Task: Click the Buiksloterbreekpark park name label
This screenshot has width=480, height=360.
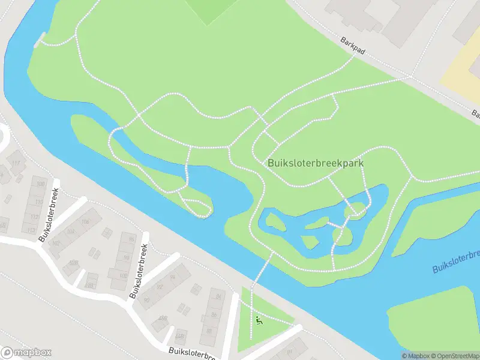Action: click(316, 163)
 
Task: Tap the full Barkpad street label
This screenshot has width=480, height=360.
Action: click(352, 47)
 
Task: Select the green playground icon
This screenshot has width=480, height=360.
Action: click(259, 320)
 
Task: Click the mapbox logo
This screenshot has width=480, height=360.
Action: click(26, 353)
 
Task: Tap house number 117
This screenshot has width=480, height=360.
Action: click(16, 164)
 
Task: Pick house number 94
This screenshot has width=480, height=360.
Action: click(172, 277)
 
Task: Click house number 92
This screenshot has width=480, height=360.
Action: click(160, 287)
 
